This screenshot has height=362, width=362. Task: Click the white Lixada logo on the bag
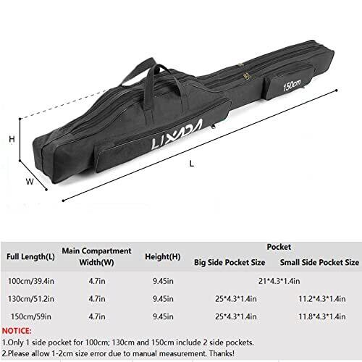[x=177, y=135]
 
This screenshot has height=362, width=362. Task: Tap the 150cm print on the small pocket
[x=292, y=85]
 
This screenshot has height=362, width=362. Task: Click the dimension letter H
[x=12, y=139]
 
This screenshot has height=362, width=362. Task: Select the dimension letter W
[x=30, y=181]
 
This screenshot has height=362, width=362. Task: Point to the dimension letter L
[x=192, y=164]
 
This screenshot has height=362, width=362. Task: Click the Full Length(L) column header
[x=30, y=256]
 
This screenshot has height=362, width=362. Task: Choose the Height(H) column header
[x=163, y=256]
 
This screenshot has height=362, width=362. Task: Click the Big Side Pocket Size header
[x=230, y=262]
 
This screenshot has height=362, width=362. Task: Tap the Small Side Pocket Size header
[x=319, y=262]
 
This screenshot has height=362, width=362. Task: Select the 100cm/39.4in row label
[x=31, y=281]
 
